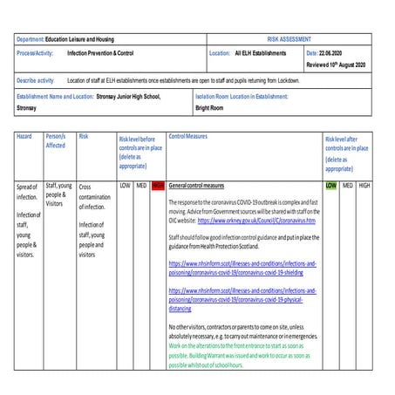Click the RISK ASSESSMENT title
(289, 40)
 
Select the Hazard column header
(24, 138)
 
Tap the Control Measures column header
(187, 138)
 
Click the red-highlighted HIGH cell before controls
(158, 186)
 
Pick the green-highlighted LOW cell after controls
(330, 186)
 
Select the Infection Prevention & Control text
(100, 53)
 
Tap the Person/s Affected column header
(55, 142)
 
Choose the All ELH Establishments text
(260, 53)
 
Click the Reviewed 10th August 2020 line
(336, 65)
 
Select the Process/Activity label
(36, 53)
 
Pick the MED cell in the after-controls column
(348, 186)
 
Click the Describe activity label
(36, 80)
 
